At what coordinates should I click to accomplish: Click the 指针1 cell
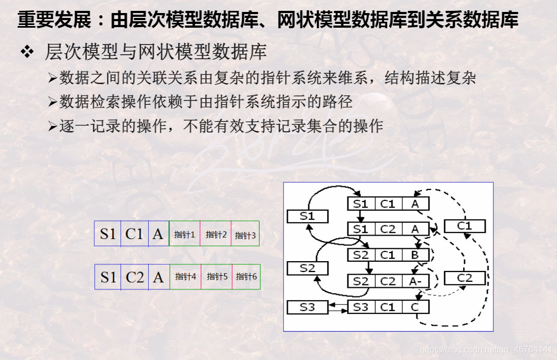(x=185, y=235)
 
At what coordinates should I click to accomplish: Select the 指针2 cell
(x=216, y=235)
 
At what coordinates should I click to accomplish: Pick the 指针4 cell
(x=186, y=276)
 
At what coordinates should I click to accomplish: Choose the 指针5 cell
(x=217, y=276)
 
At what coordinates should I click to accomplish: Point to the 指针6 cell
(x=246, y=276)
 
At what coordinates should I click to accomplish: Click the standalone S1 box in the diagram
(x=307, y=216)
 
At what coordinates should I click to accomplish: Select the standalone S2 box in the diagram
(x=307, y=268)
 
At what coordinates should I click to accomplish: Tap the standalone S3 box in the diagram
(x=307, y=307)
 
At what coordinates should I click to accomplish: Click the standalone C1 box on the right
(x=465, y=226)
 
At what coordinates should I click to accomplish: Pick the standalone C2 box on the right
(x=465, y=278)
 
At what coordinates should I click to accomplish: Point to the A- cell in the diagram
(x=416, y=281)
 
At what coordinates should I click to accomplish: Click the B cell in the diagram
(x=415, y=255)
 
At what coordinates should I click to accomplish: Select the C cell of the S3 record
(x=415, y=307)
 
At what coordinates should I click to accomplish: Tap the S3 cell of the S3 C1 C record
(x=360, y=307)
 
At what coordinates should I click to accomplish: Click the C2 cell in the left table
(x=135, y=277)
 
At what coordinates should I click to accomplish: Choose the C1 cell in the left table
(x=134, y=234)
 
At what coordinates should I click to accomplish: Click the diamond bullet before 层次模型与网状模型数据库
(x=27, y=53)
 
